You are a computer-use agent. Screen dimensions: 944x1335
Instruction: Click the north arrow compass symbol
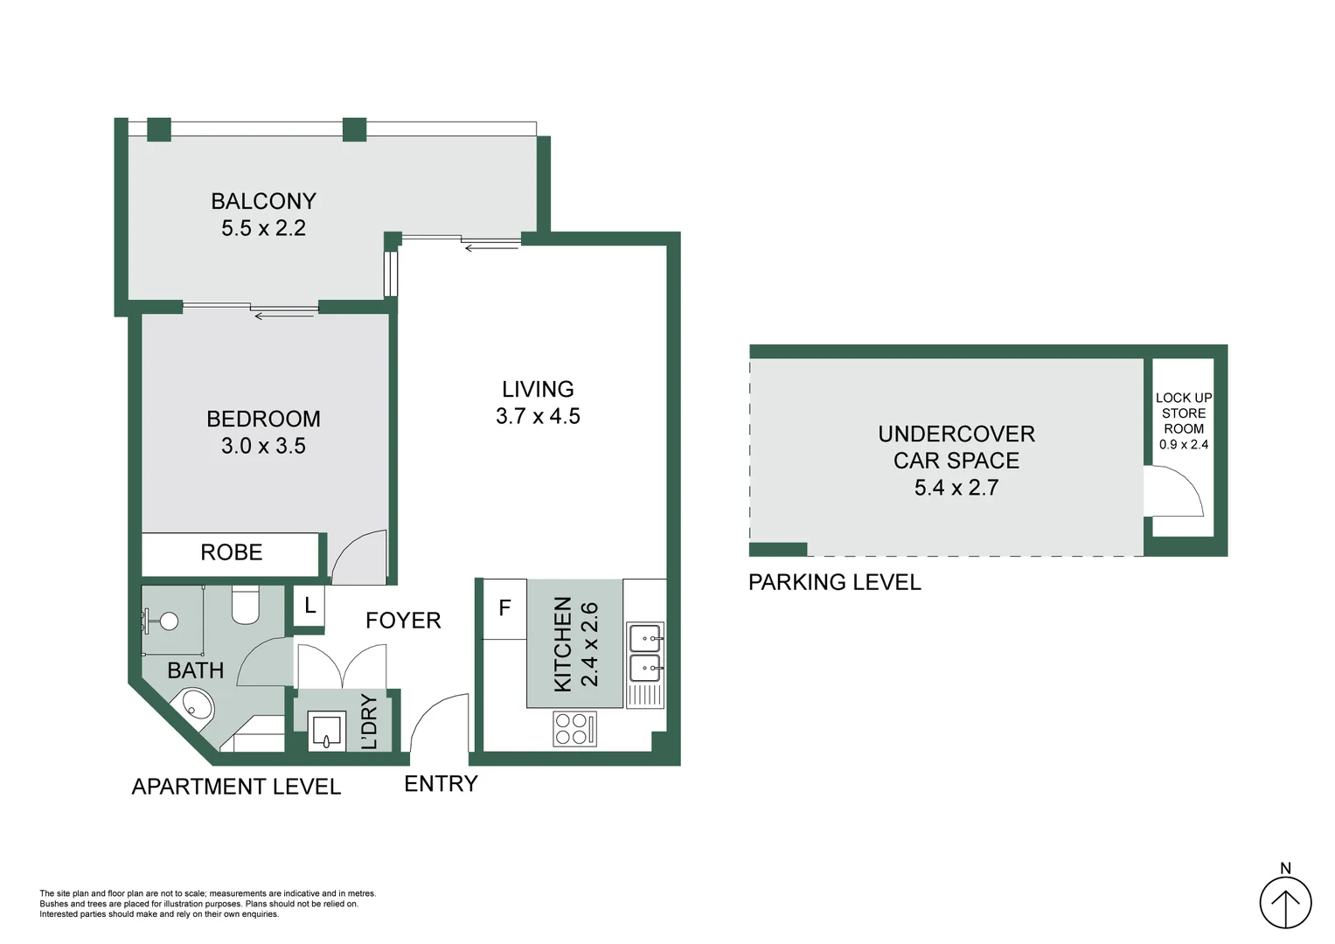(1285, 902)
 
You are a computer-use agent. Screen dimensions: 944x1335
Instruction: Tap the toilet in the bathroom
(246, 605)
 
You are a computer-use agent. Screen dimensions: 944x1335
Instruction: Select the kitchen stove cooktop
(574, 729)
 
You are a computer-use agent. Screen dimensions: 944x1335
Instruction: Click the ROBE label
(231, 552)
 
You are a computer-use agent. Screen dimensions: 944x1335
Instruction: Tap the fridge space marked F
(504, 607)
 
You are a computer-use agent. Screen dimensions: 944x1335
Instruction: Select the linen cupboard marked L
(309, 605)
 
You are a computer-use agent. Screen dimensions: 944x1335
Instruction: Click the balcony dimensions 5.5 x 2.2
(263, 228)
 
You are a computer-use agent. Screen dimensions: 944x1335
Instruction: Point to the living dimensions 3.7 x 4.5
(538, 416)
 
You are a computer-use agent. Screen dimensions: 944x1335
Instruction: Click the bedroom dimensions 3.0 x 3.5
(263, 446)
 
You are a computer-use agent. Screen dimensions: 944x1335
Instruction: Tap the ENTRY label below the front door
(441, 784)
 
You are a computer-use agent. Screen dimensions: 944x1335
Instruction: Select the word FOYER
(403, 621)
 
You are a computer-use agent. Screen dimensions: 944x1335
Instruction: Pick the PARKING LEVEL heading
(834, 582)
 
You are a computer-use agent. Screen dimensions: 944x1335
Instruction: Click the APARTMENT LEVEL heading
(236, 787)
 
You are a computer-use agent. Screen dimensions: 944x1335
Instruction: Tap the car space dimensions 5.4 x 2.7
(956, 488)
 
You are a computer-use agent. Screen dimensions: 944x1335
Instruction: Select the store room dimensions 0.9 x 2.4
(1183, 444)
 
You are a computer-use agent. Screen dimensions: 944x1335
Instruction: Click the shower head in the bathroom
(168, 621)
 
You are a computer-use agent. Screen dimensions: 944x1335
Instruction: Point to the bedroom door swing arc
(358, 557)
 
